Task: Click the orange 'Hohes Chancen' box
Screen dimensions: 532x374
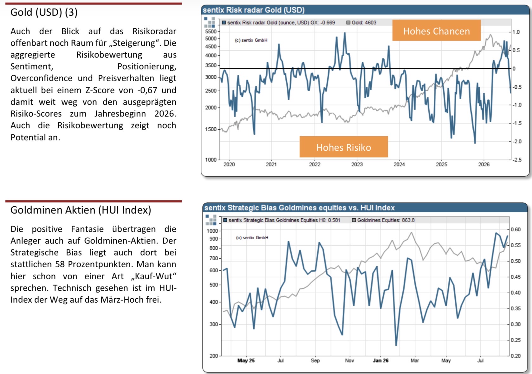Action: point(436,30)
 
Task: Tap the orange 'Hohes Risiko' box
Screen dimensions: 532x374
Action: point(344,147)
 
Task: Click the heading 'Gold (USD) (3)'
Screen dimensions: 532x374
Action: point(44,12)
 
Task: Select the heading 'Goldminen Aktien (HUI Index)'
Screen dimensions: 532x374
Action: point(81,210)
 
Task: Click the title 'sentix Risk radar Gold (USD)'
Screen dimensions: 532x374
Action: point(254,10)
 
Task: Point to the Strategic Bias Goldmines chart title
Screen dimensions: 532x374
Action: point(300,208)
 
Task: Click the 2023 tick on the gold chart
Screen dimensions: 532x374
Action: point(357,164)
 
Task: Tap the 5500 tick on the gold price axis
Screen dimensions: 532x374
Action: point(211,31)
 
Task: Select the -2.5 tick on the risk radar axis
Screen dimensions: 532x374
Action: point(517,159)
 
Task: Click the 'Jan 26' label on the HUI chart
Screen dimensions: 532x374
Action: point(381,360)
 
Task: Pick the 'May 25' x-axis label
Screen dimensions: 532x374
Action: point(246,360)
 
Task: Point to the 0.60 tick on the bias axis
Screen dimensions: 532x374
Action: point(516,229)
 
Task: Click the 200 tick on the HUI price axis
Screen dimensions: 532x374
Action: point(214,356)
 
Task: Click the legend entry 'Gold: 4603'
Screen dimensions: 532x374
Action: point(361,23)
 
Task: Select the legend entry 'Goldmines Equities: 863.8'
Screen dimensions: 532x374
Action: point(383,220)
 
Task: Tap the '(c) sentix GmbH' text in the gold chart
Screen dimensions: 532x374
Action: point(251,40)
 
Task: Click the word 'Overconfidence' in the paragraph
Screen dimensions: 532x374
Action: point(41,78)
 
